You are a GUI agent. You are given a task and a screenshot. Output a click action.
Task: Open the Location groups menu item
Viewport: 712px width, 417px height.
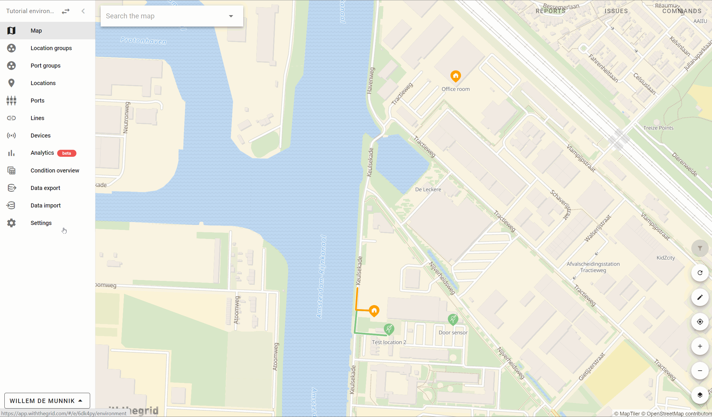[51, 48]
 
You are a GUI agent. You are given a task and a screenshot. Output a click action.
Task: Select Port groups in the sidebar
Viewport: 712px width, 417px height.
[46, 66]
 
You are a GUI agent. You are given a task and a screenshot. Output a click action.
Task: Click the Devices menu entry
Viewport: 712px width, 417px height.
[41, 136]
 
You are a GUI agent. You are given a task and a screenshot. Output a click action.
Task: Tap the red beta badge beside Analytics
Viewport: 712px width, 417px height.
[67, 153]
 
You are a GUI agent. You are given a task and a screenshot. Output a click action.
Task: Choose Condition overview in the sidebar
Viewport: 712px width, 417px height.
[55, 170]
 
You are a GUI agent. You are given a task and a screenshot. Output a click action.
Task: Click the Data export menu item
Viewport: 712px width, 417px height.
[45, 188]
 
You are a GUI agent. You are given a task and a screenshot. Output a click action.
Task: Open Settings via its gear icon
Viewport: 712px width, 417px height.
[11, 223]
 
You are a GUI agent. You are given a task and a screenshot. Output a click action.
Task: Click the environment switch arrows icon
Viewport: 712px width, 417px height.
[66, 11]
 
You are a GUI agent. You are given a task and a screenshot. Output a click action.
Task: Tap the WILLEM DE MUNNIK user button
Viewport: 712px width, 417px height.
[47, 401]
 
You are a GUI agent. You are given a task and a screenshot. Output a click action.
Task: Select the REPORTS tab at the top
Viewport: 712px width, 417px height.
[550, 11]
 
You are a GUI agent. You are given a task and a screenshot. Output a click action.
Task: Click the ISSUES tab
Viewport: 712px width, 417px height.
[616, 11]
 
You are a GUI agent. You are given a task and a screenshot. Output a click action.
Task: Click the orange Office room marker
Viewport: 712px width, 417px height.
[456, 76]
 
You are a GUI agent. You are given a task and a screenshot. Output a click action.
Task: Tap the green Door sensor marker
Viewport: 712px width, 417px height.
[453, 319]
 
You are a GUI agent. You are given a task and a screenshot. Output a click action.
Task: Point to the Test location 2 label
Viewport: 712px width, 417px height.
[389, 342]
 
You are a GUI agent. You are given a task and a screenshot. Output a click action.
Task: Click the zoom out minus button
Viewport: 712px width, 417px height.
[700, 371]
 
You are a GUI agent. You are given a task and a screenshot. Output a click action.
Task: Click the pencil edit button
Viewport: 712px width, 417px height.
[700, 297]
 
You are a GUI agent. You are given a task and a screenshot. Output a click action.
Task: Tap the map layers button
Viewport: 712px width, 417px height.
[700, 395]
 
